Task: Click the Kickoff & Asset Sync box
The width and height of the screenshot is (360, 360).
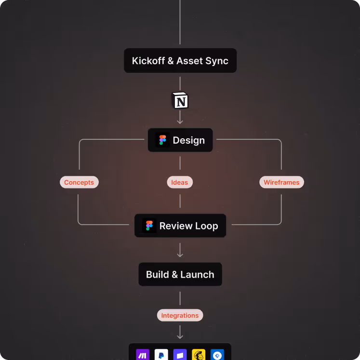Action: (180, 61)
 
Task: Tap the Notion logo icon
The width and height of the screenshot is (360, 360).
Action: (180, 101)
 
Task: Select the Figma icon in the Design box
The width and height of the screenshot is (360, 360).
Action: (162, 140)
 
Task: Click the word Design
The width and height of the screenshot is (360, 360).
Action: (188, 140)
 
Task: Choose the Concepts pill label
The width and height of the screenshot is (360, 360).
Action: (79, 182)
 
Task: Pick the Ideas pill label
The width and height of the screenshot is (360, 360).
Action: (180, 182)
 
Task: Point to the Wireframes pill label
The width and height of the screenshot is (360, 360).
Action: (281, 182)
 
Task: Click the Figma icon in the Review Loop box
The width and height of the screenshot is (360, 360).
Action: (149, 226)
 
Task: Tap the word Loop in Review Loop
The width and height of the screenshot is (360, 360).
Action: (206, 226)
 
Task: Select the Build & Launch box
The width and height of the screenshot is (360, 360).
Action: (180, 275)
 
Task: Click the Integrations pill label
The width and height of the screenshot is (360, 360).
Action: (180, 316)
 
